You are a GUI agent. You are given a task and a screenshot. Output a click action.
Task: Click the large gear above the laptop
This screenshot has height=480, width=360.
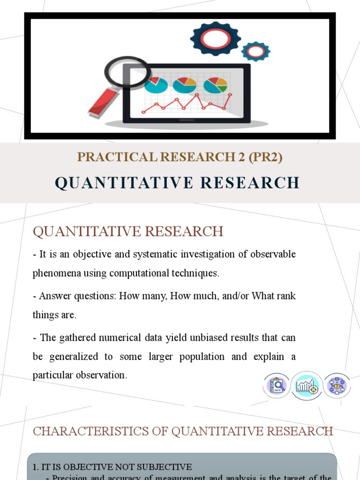coord(216,38)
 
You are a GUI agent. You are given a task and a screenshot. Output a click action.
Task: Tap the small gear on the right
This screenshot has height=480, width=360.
coord(256,51)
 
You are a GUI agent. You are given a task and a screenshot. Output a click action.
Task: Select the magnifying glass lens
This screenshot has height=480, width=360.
coord(127,72)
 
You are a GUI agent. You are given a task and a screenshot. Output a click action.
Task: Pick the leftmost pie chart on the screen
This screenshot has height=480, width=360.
coord(156,85)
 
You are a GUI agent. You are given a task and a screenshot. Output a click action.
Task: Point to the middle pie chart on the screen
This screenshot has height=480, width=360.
coord(185,85)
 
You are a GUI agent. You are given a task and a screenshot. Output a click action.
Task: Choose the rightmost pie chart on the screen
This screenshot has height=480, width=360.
coord(215,85)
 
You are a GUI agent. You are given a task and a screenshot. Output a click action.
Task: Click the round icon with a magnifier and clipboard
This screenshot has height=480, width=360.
coord(277,385)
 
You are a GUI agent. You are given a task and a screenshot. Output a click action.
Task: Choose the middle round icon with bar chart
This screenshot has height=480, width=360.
coord(307,385)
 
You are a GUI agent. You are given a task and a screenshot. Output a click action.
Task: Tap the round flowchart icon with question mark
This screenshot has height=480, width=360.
coord(337,385)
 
